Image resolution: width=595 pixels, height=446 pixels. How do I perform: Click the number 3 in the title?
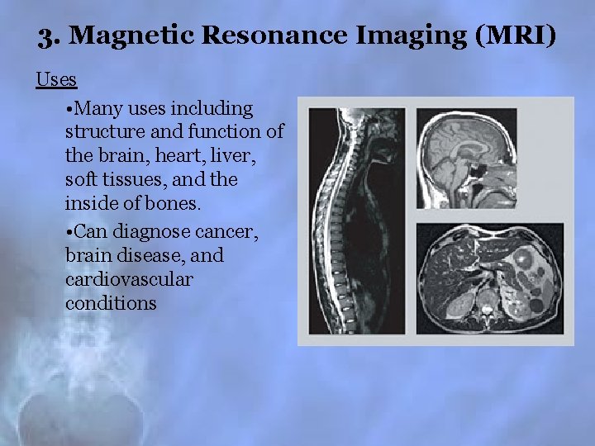point(45,37)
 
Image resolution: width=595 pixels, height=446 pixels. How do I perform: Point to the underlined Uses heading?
point(56,80)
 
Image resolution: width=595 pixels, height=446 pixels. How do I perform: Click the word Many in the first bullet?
point(98,109)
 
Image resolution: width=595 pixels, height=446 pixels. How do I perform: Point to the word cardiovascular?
point(128,280)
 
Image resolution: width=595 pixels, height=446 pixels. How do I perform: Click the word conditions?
point(111,304)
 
